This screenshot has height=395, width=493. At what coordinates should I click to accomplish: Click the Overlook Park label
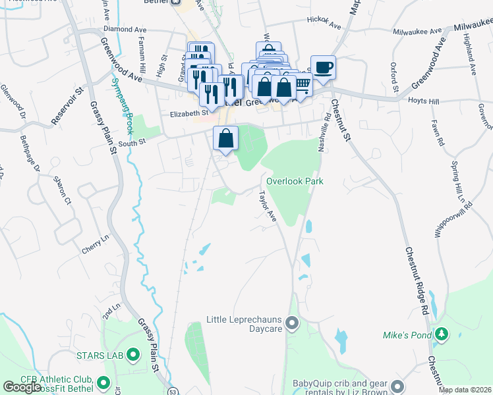pyautogui.click(x=295, y=181)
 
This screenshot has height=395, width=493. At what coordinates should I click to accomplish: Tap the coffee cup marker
pyautogui.click(x=323, y=67)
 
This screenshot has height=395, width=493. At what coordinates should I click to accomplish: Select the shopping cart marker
pyautogui.click(x=302, y=86)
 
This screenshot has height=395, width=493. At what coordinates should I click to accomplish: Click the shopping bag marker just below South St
pyautogui.click(x=225, y=138)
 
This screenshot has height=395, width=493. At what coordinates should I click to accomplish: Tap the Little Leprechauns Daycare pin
pyautogui.click(x=293, y=323)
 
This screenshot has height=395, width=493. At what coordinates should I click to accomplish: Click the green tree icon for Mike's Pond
pyautogui.click(x=440, y=335)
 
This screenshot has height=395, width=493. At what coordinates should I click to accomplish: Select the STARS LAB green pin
pyautogui.click(x=133, y=355)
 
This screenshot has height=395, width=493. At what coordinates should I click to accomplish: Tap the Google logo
pyautogui.click(x=22, y=387)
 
